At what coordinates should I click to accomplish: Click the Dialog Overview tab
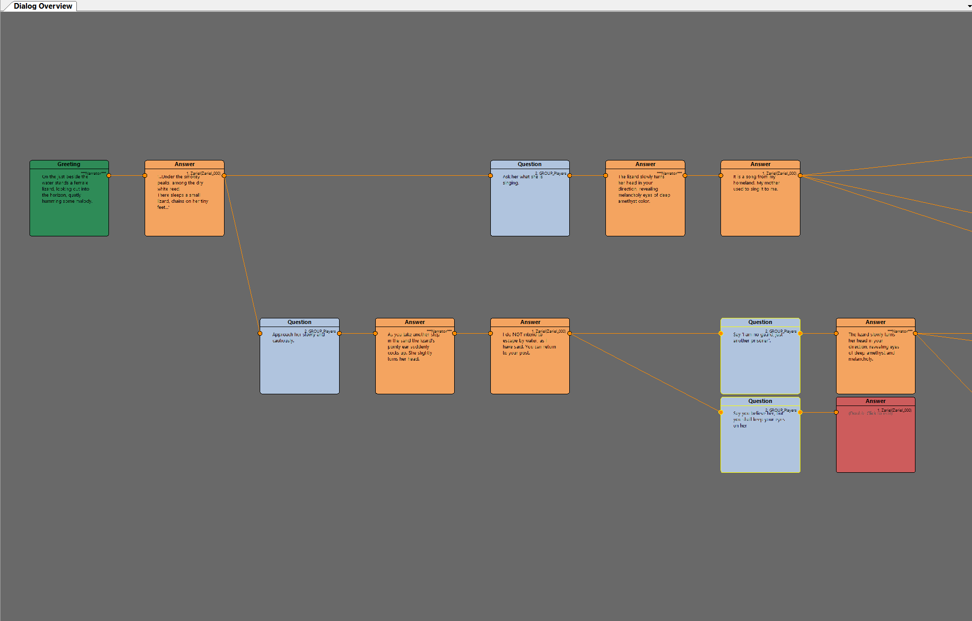point(43,6)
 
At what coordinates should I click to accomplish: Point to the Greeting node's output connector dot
point(109,176)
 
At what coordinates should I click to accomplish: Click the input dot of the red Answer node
point(836,412)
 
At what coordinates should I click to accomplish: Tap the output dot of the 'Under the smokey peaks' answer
point(224,176)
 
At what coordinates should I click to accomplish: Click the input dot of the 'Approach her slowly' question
point(260,334)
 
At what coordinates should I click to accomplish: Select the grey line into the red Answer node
point(818,412)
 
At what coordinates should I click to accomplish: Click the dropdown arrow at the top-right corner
point(969,6)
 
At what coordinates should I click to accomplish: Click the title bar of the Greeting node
point(69,165)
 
